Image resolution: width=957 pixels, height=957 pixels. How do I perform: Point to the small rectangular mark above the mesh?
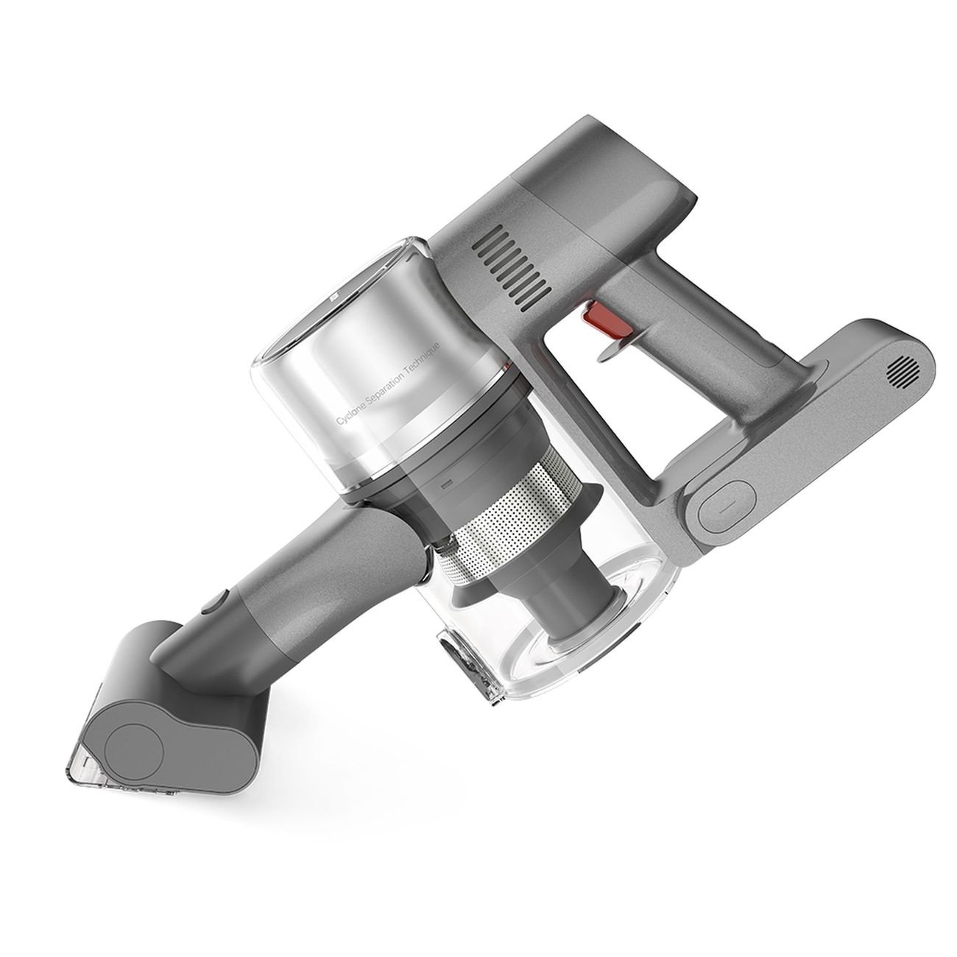(445, 487)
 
